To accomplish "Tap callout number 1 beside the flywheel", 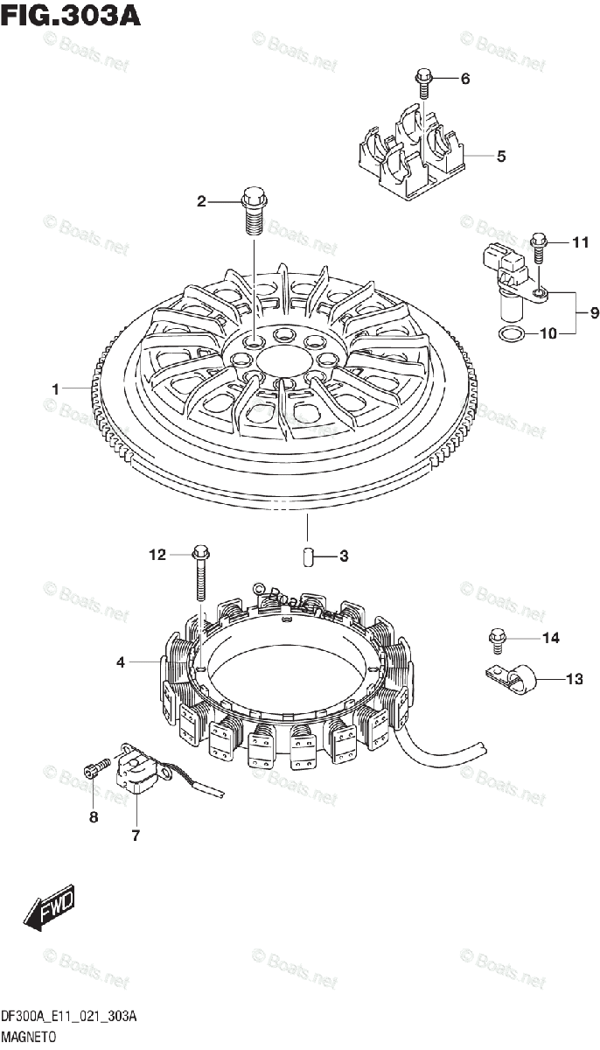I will coord(55,388).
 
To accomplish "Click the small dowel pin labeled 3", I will coord(308,556).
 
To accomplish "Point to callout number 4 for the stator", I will coord(121,663).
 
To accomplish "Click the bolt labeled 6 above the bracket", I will coord(424,80).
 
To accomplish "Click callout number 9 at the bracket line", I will coord(594,311).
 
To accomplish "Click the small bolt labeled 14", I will coord(498,640).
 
